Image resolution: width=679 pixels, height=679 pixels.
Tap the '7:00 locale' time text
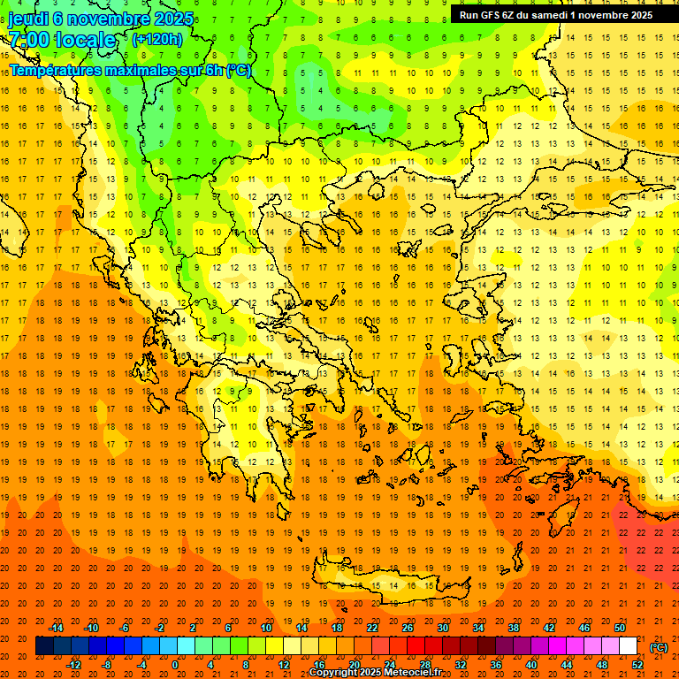point(63,40)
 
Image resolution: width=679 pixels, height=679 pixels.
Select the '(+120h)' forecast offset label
point(156,39)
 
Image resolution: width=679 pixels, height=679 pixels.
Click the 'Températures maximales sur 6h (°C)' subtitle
point(130,70)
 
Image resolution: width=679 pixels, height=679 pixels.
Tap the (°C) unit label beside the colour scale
point(659,647)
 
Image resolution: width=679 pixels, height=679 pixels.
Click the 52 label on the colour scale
point(637,665)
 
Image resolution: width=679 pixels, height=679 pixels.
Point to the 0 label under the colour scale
point(175,665)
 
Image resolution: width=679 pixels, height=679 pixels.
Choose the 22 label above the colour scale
point(372,628)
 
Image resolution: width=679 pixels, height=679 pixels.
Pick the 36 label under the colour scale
point(496,665)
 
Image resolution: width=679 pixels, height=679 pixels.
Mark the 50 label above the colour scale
point(620,628)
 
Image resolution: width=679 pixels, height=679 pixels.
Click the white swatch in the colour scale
point(629,646)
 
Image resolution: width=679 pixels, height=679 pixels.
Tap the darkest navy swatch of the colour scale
point(44,646)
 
